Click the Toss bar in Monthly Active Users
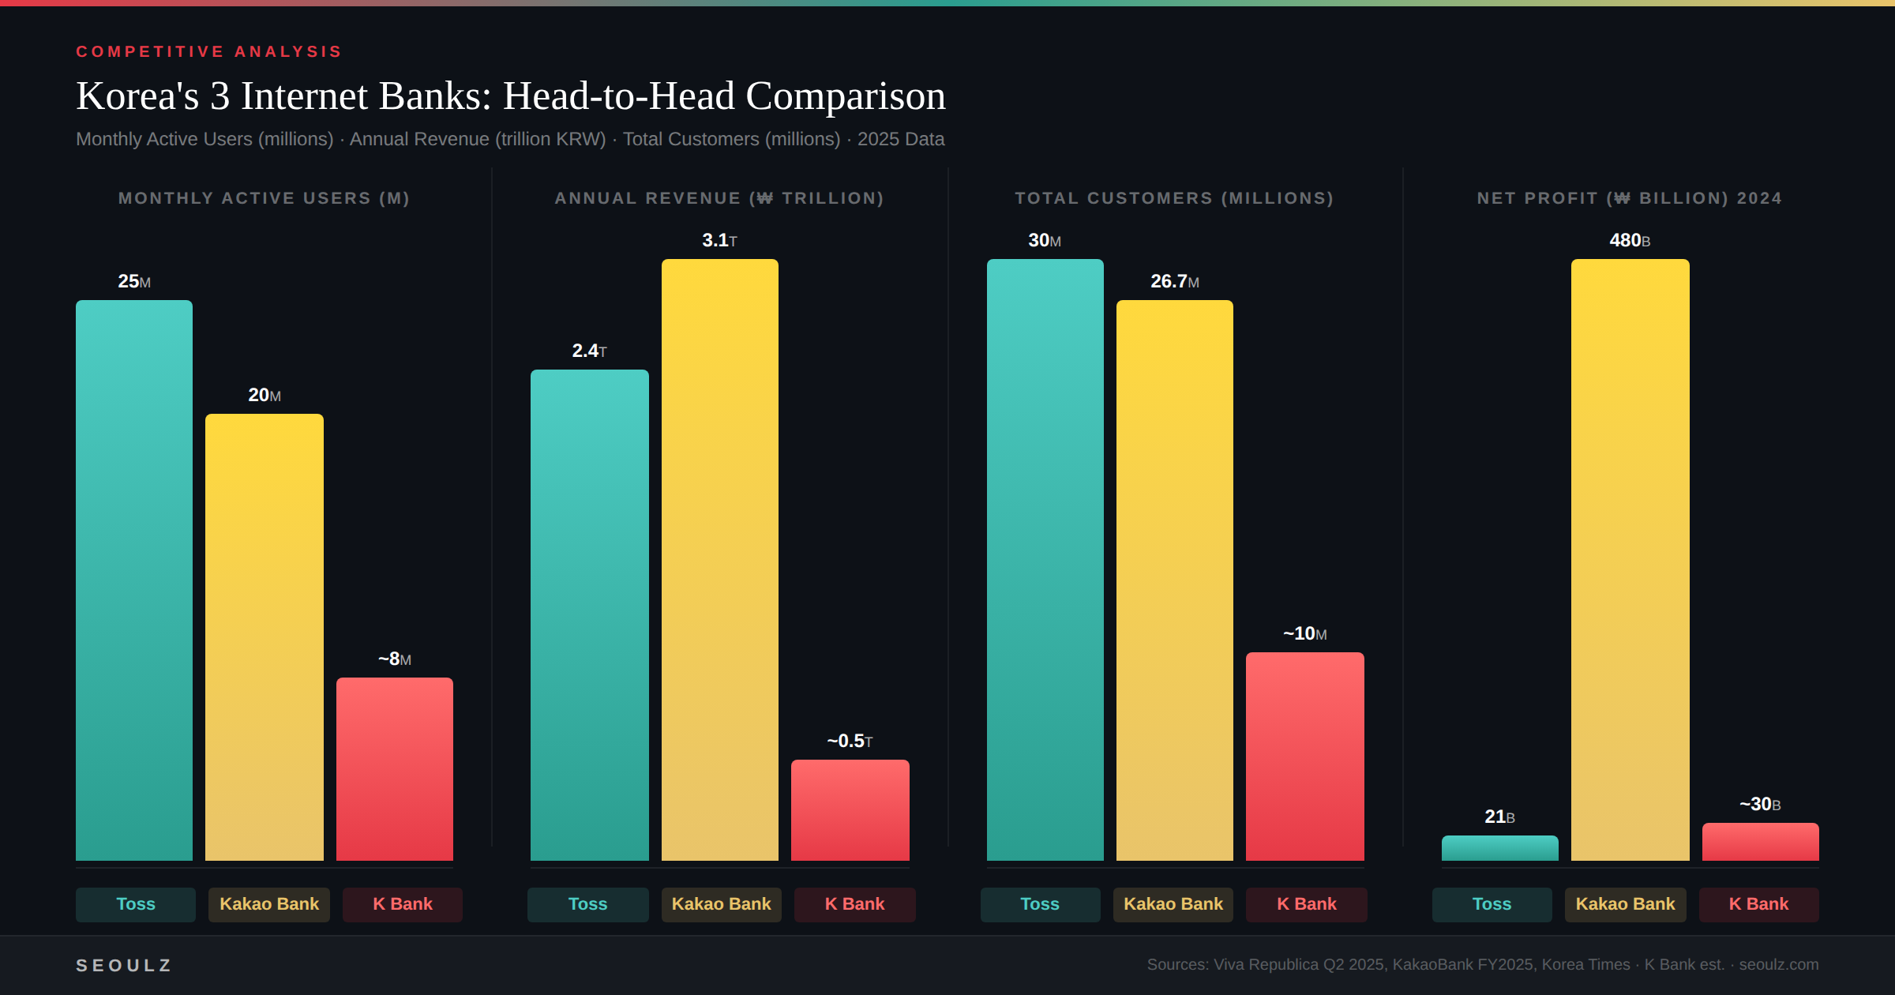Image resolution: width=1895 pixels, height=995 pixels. [x=134, y=580]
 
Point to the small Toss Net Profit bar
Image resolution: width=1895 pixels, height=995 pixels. [x=1500, y=848]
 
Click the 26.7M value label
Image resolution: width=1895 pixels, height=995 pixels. [x=1174, y=281]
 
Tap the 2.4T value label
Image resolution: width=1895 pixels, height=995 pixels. [x=589, y=351]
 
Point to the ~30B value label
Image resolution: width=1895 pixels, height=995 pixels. [x=1760, y=804]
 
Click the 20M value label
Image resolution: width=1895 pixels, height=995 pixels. [x=265, y=395]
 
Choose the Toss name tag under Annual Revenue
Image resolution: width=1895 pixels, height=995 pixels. [x=588, y=904]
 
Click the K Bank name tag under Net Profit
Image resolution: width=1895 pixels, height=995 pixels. [x=1758, y=904]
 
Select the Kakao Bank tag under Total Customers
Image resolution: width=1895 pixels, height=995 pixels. [x=1173, y=904]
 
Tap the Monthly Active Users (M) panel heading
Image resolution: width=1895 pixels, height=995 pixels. [x=264, y=198]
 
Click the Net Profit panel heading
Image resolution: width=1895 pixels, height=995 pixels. [x=1630, y=198]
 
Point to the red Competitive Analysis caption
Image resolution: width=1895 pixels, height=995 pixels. [x=209, y=51]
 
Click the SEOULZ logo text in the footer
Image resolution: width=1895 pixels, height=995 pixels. [x=124, y=965]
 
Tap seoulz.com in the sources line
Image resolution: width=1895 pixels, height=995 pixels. [x=1778, y=964]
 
